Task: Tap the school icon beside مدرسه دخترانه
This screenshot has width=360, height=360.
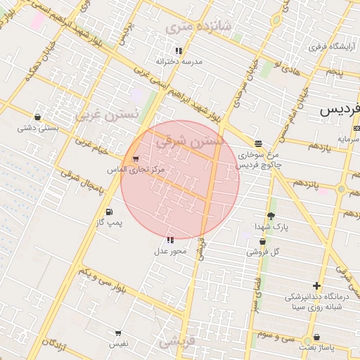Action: point(179,51)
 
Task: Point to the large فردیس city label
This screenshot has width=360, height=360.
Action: point(340,109)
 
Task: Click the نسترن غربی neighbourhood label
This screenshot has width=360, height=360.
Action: point(106,113)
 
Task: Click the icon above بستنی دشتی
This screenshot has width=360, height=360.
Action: point(37,117)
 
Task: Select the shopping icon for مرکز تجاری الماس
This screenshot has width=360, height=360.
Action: point(135,159)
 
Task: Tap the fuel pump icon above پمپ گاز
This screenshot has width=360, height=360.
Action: point(108,212)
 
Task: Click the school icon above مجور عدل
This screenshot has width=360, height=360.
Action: point(171,240)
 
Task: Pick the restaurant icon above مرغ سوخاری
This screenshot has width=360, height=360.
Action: point(258,143)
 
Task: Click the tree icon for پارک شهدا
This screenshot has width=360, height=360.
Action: point(271,216)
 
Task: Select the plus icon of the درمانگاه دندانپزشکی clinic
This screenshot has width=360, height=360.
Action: point(317,285)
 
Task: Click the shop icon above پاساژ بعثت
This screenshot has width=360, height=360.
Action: point(316,337)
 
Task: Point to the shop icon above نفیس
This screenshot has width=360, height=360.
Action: point(117,333)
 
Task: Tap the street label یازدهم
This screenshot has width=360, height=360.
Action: point(319,148)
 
